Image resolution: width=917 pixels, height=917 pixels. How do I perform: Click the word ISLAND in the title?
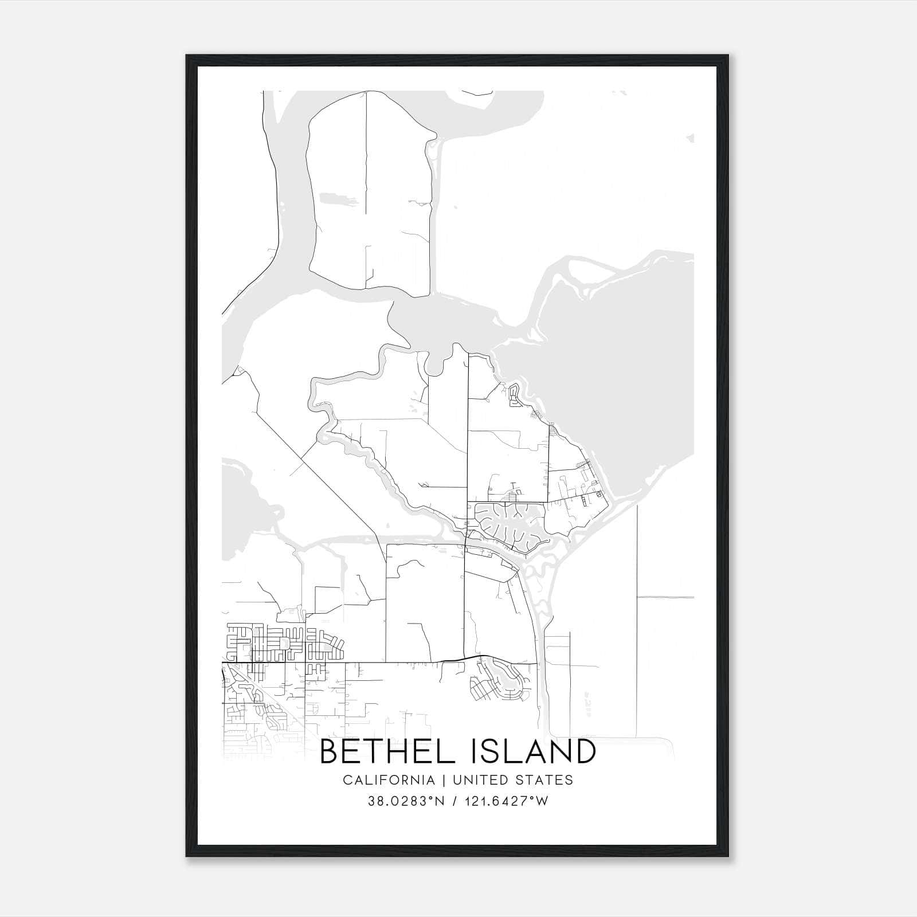click(x=534, y=751)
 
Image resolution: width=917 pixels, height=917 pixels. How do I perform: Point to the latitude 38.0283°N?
click(x=406, y=801)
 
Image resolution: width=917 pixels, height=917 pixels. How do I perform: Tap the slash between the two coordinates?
click(x=454, y=801)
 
